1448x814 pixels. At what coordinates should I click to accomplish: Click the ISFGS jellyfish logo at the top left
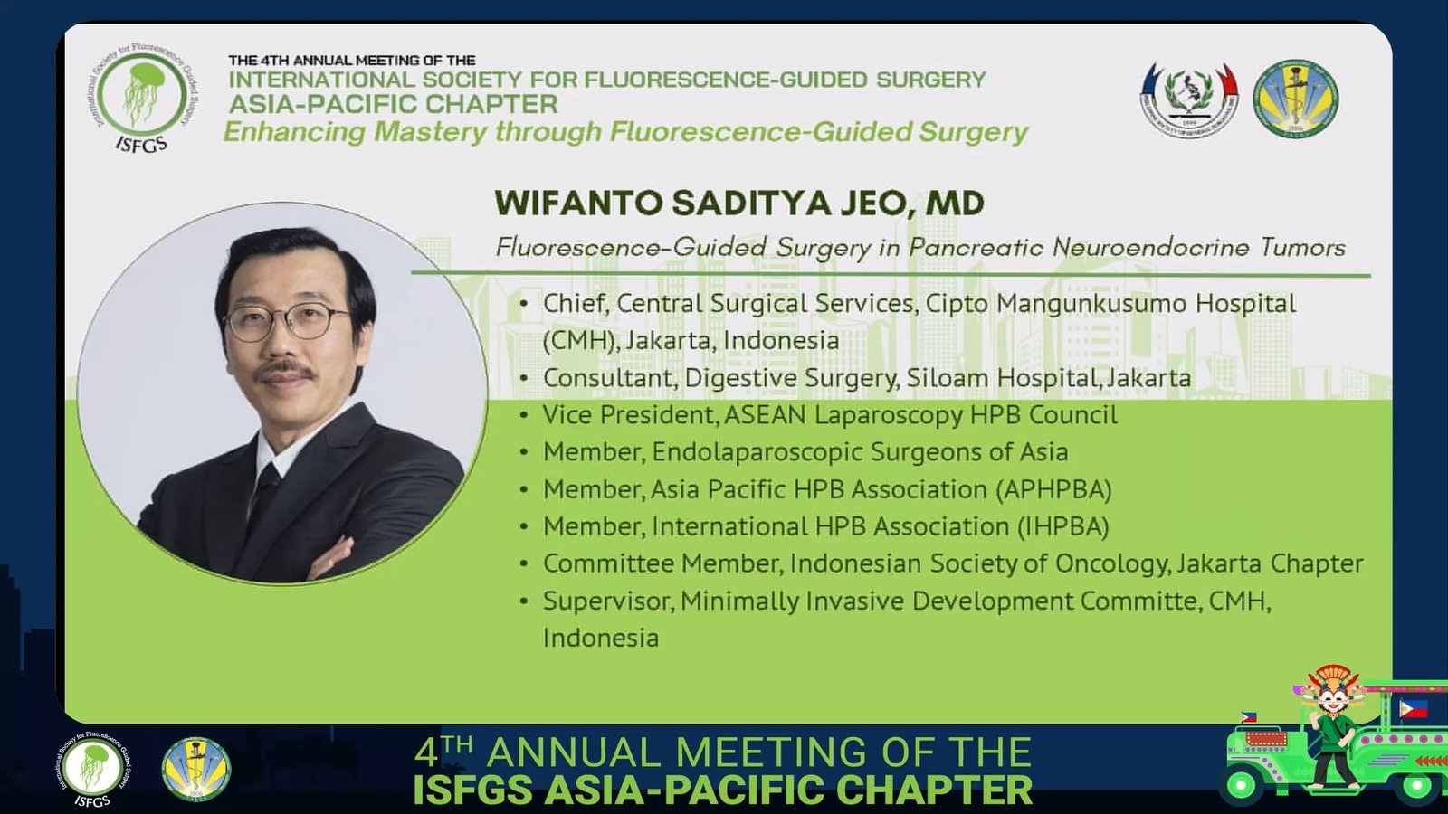(141, 98)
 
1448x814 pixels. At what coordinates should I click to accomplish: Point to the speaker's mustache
(285, 373)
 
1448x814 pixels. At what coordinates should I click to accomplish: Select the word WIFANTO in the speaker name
(577, 203)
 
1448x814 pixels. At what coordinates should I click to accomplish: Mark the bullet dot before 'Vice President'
(524, 415)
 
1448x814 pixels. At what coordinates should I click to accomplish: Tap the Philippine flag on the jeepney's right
(1414, 709)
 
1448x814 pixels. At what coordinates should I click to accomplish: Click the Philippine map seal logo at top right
(1189, 99)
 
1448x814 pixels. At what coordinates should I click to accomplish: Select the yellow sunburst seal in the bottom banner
(195, 769)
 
